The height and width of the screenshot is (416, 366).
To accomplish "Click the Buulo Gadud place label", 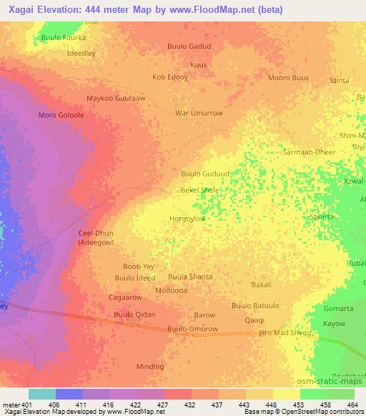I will click(189, 46).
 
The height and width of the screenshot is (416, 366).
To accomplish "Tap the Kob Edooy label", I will click(170, 76).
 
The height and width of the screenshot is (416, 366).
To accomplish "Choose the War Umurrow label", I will click(199, 113).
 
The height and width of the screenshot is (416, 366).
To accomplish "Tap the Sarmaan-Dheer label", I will click(310, 152).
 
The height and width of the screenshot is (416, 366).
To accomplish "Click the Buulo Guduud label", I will click(206, 174).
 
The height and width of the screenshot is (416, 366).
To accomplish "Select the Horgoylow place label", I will click(187, 219).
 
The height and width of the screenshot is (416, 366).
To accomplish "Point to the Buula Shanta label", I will click(190, 277).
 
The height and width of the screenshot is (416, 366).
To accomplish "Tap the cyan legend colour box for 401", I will click(41, 394).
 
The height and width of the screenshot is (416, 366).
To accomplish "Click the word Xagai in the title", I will click(22, 9).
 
